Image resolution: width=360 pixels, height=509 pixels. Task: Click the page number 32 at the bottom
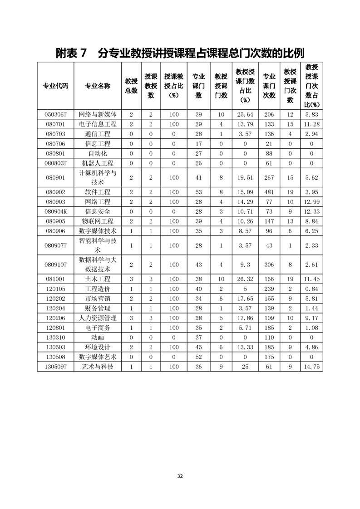click(180, 476)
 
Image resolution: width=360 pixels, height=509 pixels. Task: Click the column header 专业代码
click(55, 86)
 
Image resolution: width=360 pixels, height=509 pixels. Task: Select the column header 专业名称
click(97, 86)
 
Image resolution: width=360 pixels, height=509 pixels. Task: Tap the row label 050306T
click(55, 114)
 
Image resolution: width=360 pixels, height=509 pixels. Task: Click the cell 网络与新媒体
click(97, 114)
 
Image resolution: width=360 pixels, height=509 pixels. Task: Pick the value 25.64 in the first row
click(245, 114)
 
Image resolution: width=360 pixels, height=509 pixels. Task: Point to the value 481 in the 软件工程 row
click(269, 192)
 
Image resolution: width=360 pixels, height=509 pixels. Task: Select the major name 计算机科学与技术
click(97, 177)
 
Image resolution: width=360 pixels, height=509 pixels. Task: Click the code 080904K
click(55, 211)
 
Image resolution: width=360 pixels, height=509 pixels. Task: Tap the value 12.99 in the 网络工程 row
click(311, 202)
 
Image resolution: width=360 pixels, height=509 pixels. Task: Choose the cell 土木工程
click(97, 279)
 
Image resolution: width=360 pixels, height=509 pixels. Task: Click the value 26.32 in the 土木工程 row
click(245, 279)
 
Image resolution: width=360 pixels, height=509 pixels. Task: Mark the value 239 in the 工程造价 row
click(269, 289)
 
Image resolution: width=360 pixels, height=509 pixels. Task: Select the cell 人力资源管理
click(97, 318)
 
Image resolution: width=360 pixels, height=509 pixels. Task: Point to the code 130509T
click(55, 367)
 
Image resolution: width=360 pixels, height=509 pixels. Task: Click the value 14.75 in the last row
click(311, 367)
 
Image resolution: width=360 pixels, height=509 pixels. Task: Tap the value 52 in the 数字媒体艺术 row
click(198, 357)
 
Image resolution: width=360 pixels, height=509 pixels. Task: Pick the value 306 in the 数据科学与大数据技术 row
click(269, 264)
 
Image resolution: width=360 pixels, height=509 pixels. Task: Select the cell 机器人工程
click(97, 163)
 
